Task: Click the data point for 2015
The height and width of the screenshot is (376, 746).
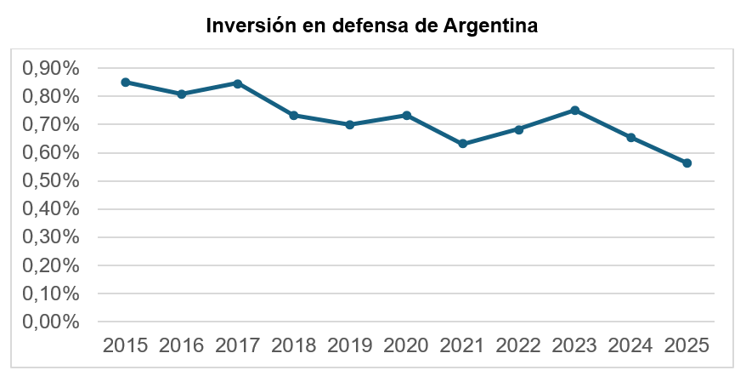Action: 126,83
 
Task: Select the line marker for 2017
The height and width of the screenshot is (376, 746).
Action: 238,84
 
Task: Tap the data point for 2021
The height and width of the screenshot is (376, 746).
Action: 462,144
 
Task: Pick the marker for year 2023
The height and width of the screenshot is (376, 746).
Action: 574,111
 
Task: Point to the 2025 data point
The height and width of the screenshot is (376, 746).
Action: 687,163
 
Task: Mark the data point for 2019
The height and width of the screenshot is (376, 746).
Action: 350,125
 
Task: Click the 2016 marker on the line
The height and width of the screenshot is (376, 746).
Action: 182,94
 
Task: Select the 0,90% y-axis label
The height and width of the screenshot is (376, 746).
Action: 51,69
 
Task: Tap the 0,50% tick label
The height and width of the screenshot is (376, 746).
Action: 51,181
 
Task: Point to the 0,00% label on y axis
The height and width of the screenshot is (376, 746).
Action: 51,322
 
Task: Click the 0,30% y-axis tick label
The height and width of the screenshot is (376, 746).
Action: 51,237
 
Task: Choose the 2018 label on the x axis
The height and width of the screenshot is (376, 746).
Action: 293,345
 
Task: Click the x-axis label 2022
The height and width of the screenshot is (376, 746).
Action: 518,345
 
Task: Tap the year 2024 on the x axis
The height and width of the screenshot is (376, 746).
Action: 630,345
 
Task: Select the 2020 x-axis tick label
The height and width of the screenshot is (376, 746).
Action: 406,345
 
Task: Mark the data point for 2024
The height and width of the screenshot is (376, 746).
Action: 630,138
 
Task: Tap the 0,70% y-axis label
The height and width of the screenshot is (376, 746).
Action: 51,125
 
